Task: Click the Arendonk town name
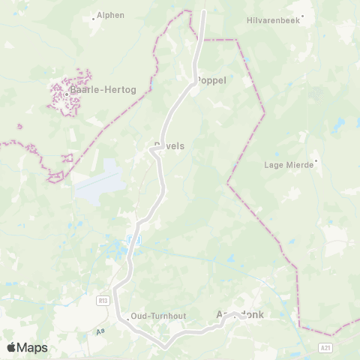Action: click(240, 316)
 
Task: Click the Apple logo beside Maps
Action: click(11, 347)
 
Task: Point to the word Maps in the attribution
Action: click(31, 347)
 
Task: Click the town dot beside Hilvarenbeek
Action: click(303, 14)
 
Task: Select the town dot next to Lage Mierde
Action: click(316, 160)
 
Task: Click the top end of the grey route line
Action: click(204, 11)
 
